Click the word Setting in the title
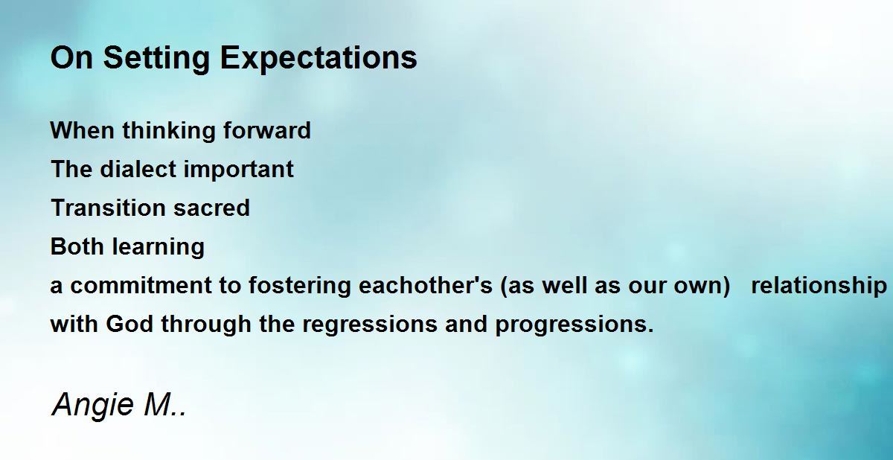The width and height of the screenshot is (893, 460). (x=156, y=59)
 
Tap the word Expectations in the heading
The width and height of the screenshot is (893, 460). (x=319, y=59)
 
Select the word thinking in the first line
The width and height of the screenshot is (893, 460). (x=168, y=131)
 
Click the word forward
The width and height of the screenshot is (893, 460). (x=266, y=130)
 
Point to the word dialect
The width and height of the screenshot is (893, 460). (x=138, y=169)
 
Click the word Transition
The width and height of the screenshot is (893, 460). (x=108, y=208)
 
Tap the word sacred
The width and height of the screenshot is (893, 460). (x=211, y=208)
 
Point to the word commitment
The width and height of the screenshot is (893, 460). (x=141, y=285)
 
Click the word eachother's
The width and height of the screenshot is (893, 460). (x=426, y=285)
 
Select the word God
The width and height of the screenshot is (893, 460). (x=129, y=324)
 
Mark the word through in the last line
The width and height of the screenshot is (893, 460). (x=206, y=325)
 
